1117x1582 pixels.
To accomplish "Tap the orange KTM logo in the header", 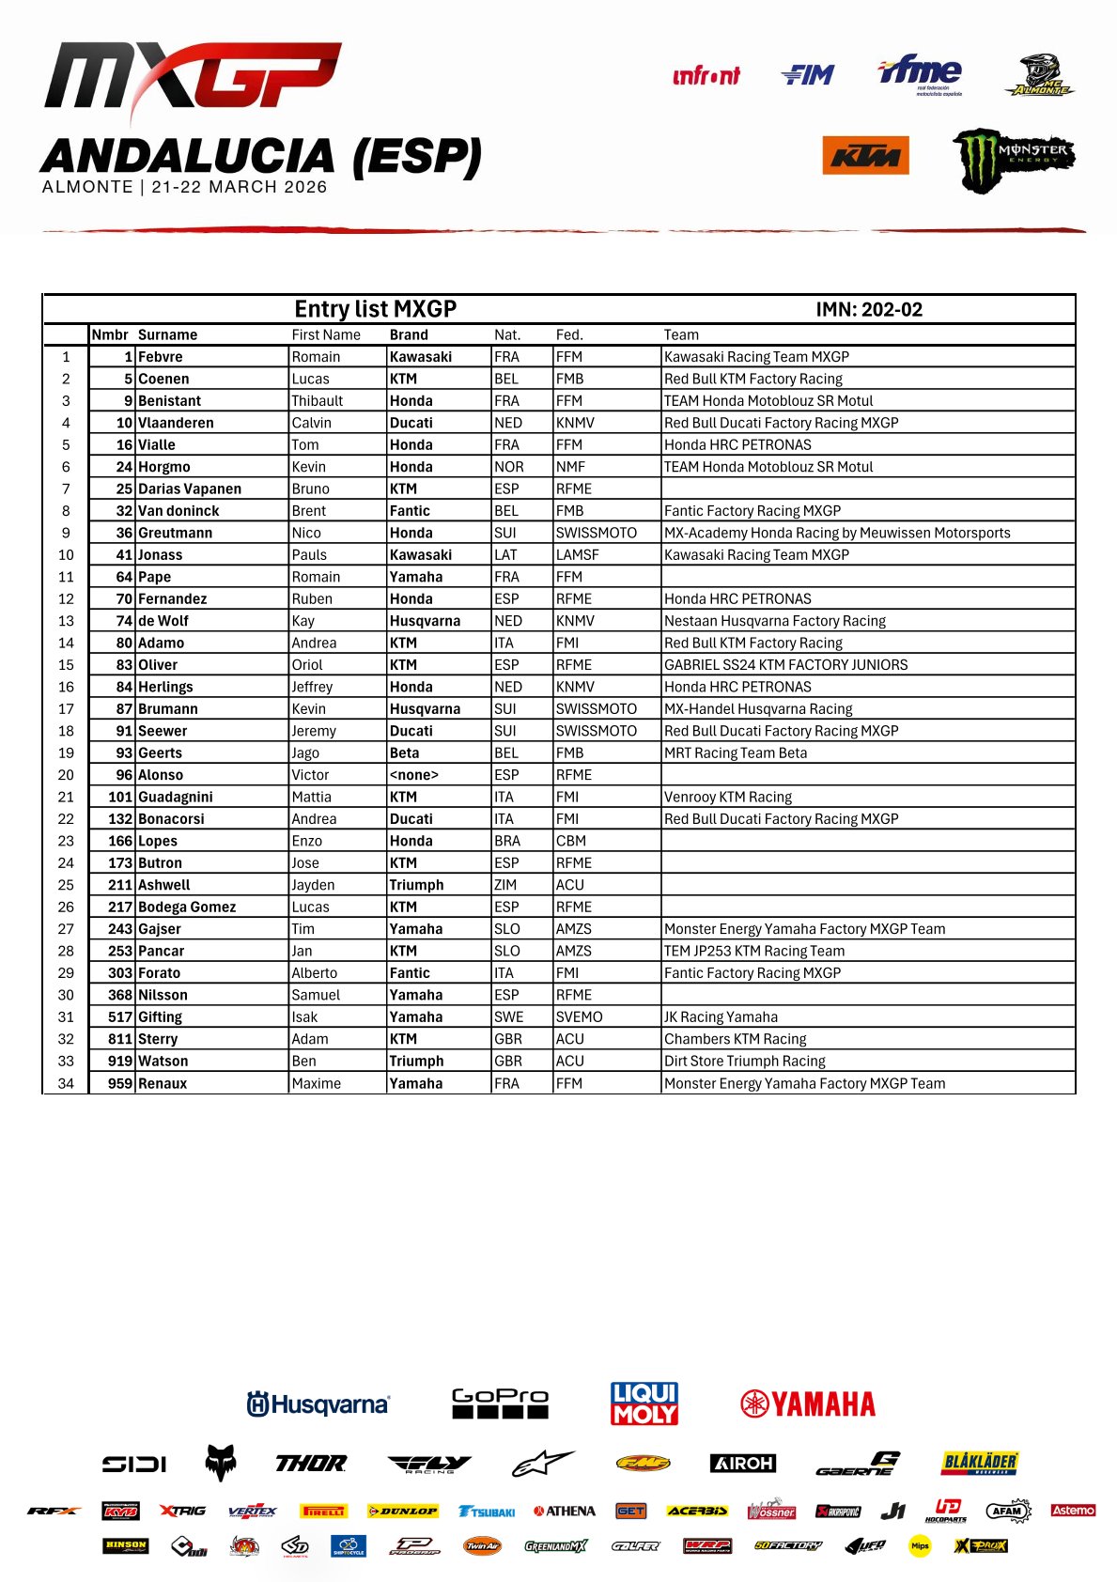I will pyautogui.click(x=865, y=156).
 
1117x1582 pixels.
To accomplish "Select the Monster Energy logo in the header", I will pyautogui.click(x=1013, y=159).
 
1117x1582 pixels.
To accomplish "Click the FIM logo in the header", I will pyautogui.click(x=807, y=75).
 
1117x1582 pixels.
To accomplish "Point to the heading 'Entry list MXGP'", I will pyautogui.click(x=375, y=309).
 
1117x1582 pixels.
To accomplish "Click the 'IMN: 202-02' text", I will pyautogui.click(x=869, y=310).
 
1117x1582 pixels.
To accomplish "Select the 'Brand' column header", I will pyautogui.click(x=409, y=334).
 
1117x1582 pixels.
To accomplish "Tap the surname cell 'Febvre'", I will pyautogui.click(x=161, y=357).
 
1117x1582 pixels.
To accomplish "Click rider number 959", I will pyautogui.click(x=120, y=1083).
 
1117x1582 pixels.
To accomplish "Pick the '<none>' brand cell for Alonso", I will pyautogui.click(x=414, y=775).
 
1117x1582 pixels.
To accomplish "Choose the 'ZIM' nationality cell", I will pyautogui.click(x=507, y=885).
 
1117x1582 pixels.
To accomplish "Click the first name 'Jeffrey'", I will pyautogui.click(x=312, y=687).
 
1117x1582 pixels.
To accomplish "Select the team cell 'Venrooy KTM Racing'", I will pyautogui.click(x=728, y=797).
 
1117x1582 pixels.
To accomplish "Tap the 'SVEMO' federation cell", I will pyautogui.click(x=579, y=1016).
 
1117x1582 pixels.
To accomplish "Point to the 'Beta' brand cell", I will pyautogui.click(x=405, y=752).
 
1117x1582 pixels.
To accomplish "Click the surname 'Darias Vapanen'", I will pyautogui.click(x=190, y=489).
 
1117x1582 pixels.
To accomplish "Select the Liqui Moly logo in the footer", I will pyautogui.click(x=644, y=1404).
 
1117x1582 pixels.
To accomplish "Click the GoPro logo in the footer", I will pyautogui.click(x=500, y=1404).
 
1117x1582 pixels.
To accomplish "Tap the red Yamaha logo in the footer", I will pyautogui.click(x=808, y=1404).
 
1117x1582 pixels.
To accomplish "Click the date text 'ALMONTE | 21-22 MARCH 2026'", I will pyautogui.click(x=185, y=187).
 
